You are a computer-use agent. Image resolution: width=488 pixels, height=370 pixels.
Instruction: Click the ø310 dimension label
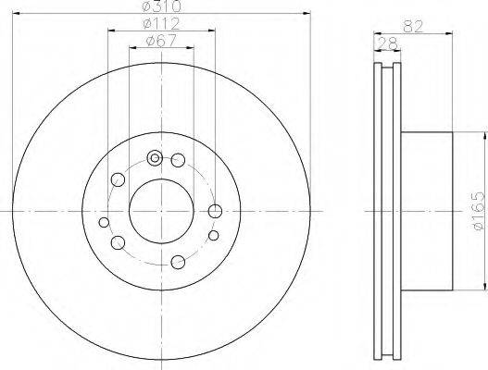click(x=161, y=6)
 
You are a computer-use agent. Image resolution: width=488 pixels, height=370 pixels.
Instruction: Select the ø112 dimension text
click(x=161, y=24)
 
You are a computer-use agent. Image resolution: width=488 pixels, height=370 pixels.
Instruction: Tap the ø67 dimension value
click(x=161, y=41)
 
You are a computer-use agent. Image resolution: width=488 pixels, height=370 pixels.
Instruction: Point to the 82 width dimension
click(x=413, y=27)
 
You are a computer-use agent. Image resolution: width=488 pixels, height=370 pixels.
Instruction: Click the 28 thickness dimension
click(x=387, y=43)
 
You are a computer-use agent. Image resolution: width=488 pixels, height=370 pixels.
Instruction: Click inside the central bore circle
click(x=161, y=212)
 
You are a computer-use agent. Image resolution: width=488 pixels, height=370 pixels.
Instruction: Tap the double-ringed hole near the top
click(x=155, y=158)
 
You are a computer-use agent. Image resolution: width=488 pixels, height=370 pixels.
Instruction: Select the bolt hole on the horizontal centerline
click(x=215, y=212)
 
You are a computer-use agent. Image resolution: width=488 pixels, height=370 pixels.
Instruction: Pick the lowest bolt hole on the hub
click(x=178, y=262)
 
